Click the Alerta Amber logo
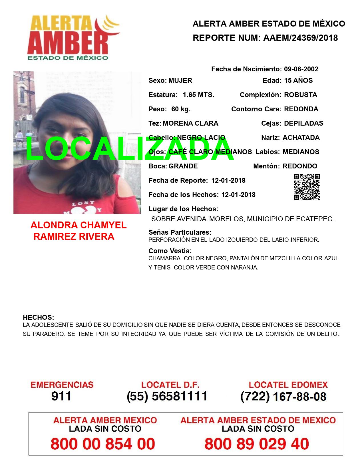73,37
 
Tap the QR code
307,187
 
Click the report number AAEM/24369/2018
300,38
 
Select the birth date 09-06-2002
301,69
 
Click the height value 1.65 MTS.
198,95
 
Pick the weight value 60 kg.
181,109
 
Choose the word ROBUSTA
300,95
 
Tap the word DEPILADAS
303,123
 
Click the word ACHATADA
301,138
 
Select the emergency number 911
61,396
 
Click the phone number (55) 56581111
167,396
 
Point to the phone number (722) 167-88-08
283,396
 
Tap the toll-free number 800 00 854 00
103,444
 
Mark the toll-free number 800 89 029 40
257,444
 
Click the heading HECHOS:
38,317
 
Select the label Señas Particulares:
180,232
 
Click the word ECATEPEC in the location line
317,219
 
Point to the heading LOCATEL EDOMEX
288,385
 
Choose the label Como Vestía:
170,251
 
